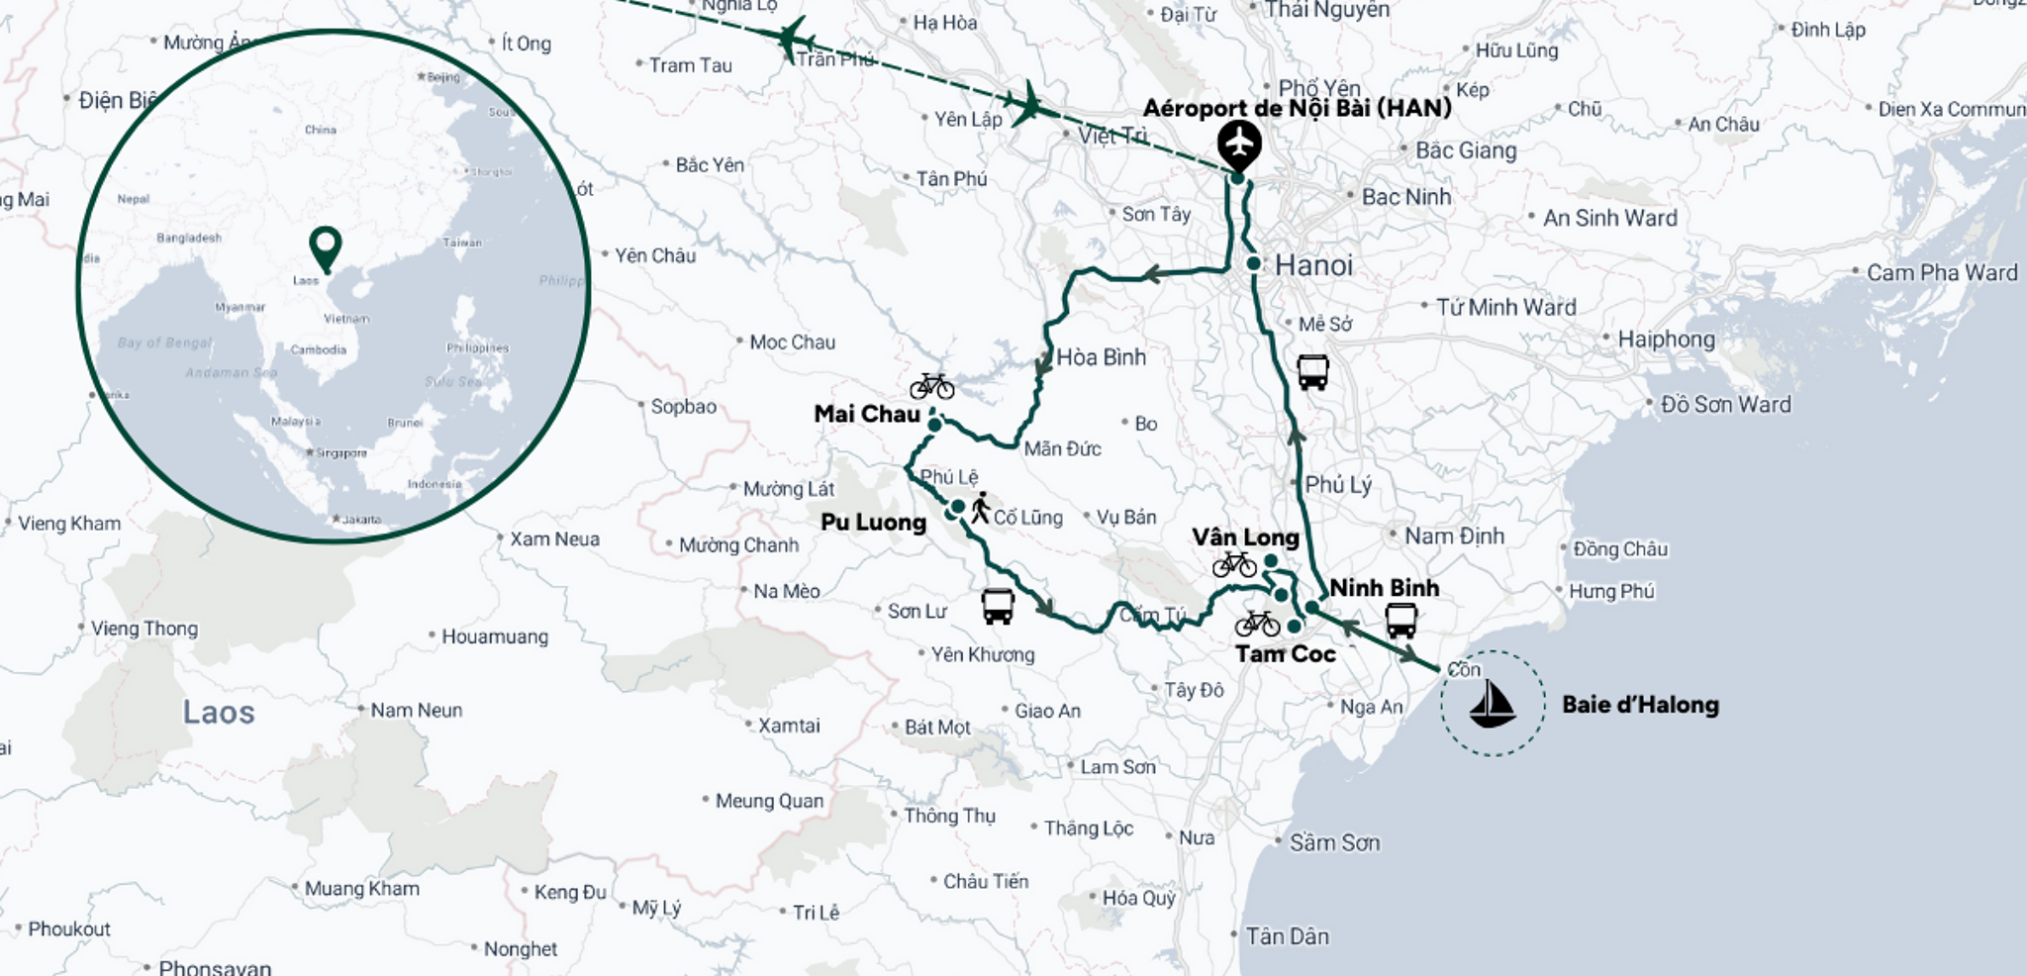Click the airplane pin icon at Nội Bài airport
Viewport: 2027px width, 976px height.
1238,145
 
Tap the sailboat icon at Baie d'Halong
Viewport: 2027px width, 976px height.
1492,704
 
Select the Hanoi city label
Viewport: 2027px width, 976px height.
1312,265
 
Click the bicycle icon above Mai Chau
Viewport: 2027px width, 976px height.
931,385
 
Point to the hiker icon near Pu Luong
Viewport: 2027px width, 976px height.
980,508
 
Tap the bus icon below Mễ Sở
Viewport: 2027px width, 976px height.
1312,372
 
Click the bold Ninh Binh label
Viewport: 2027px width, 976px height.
1384,588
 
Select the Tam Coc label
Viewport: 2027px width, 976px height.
1285,654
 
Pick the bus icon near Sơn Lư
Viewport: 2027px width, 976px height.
998,606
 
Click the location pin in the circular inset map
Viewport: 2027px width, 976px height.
326,247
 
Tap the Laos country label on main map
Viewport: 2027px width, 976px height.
219,713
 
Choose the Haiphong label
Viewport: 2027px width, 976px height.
1666,340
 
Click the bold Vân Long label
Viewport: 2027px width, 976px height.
1245,537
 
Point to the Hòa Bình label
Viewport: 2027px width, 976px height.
1101,357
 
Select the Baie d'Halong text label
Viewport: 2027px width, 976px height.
1640,705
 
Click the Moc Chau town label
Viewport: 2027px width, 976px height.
792,342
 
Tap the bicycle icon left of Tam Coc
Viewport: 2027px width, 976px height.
1257,624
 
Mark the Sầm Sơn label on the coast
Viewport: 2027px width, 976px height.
1333,843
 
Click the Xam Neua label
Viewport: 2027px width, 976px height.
554,539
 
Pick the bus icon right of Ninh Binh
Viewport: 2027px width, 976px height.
1400,621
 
